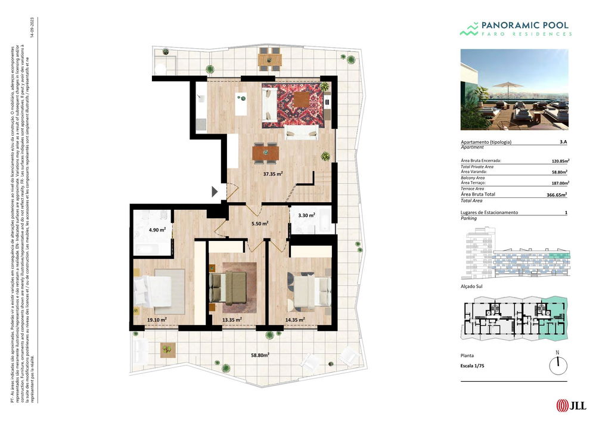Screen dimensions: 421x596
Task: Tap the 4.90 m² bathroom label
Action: tap(157, 229)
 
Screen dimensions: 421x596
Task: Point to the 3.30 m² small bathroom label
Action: tap(306, 215)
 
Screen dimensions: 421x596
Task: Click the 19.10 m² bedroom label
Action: tap(157, 320)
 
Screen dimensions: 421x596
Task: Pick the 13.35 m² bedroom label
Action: tap(232, 320)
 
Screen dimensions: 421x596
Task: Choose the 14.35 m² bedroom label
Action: tap(296, 320)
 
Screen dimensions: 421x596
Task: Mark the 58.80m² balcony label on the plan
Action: tap(260, 355)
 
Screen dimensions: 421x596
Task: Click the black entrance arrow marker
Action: tap(215, 191)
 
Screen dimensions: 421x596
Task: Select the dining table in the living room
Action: tap(265, 153)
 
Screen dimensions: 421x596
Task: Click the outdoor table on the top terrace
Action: tap(269, 60)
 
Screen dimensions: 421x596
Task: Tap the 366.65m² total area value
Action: tap(557, 194)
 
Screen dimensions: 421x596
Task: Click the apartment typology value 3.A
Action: tap(563, 142)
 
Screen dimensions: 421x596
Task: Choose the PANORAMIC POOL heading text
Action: tap(523, 26)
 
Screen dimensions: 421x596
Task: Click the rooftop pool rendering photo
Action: tap(514, 89)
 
